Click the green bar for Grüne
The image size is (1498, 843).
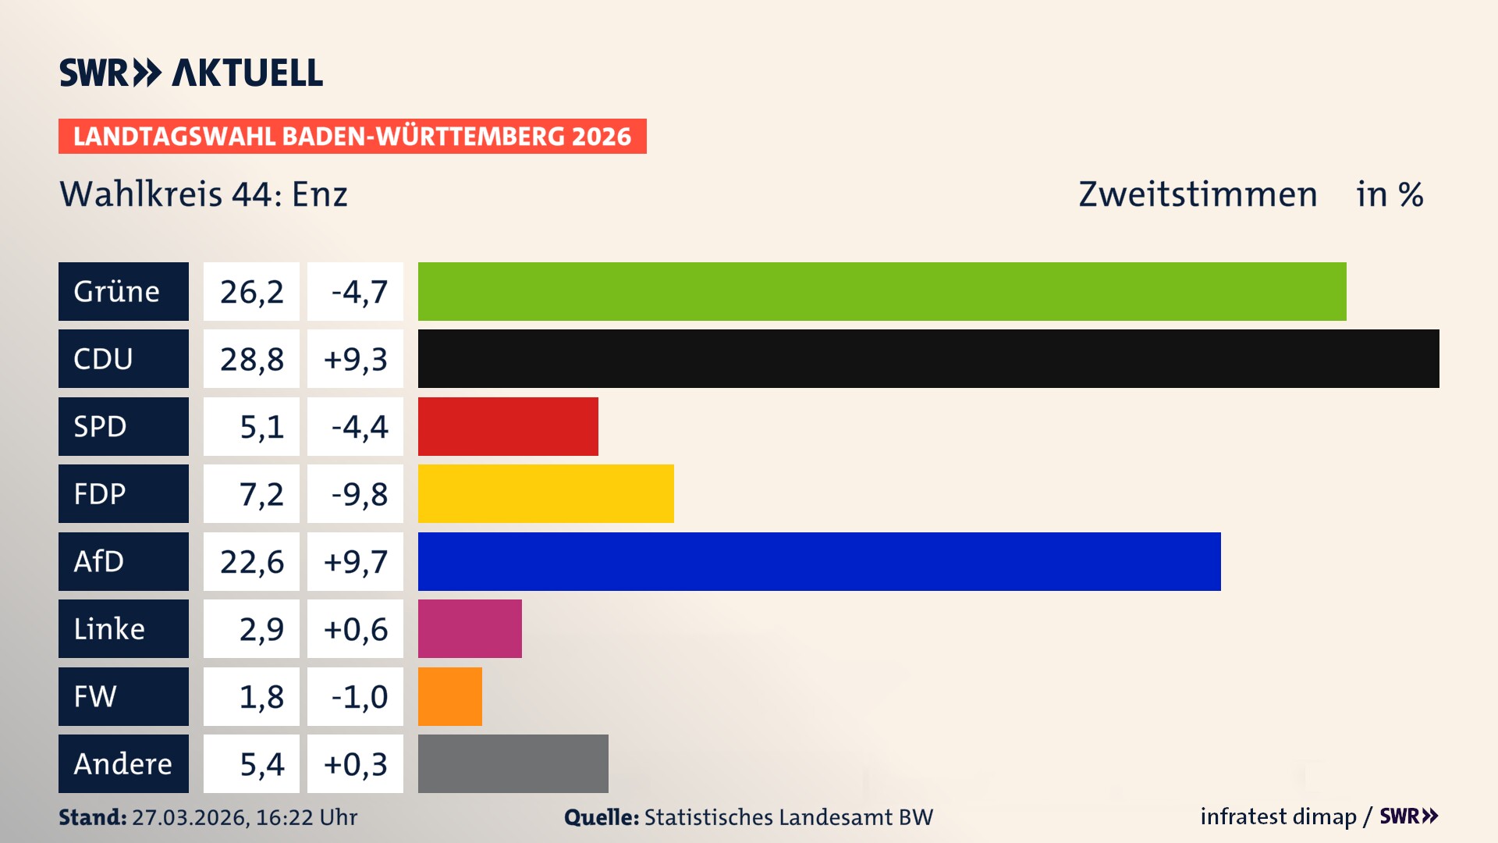point(882,291)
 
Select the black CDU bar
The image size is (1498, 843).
point(928,359)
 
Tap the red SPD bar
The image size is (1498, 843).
point(508,426)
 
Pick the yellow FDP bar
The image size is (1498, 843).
point(545,493)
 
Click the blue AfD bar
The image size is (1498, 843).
point(819,561)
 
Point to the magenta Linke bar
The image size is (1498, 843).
point(470,628)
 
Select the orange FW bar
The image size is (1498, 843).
point(449,696)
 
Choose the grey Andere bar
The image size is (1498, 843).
point(513,763)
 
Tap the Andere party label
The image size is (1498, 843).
point(123,763)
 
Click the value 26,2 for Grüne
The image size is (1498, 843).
point(251,292)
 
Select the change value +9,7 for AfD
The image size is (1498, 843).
point(355,561)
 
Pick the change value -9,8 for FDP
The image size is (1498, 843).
point(358,494)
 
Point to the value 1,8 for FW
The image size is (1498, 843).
point(261,696)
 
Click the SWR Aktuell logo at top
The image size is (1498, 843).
point(191,73)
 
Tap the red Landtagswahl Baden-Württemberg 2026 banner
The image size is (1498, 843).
point(352,136)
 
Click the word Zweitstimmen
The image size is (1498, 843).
point(1197,194)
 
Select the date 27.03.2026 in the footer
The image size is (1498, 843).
point(190,817)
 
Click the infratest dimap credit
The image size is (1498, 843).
point(1277,816)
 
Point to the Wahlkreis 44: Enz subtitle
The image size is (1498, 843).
point(204,194)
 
